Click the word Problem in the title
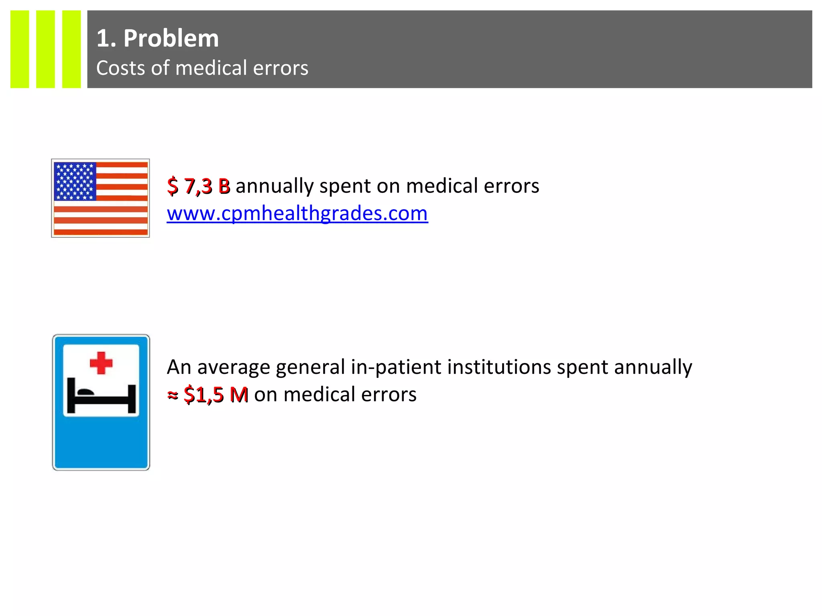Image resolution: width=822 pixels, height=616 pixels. [171, 38]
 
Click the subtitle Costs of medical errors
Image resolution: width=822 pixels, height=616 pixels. [202, 68]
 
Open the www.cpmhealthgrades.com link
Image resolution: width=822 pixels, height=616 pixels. [297, 213]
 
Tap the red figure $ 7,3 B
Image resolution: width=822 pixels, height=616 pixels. [199, 186]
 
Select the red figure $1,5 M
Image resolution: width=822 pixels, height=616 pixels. [216, 395]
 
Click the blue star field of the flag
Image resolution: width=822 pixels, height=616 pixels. [75, 181]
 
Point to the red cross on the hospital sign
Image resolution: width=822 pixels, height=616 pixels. [101, 363]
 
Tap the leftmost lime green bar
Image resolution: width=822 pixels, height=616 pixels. [20, 49]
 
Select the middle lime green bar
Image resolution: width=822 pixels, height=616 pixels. [45, 49]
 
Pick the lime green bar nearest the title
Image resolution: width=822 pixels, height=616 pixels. [71, 49]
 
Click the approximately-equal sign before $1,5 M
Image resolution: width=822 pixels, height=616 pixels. [173, 395]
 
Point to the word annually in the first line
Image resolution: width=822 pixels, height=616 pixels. [275, 186]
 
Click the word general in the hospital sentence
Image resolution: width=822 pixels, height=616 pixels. [310, 367]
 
